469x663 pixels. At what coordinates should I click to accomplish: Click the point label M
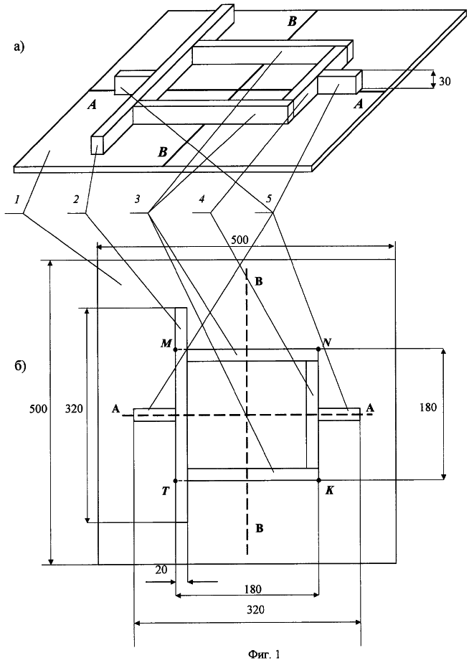coord(166,343)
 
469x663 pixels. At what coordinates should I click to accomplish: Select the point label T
coord(166,492)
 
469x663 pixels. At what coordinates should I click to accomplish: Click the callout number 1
coord(17,199)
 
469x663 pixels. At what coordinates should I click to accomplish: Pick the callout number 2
coord(76,199)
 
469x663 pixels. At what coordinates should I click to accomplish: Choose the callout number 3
coord(136,199)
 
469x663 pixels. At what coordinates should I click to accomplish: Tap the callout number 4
coord(202,199)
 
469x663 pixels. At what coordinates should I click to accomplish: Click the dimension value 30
coord(445,81)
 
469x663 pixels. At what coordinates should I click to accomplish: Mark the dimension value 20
coord(161,570)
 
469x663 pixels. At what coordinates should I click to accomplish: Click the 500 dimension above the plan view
coord(240,240)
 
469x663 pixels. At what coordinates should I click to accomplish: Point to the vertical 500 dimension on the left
coord(38,408)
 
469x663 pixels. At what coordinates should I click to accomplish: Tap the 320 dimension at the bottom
coord(255,609)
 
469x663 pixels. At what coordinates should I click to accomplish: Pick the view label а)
coord(20,47)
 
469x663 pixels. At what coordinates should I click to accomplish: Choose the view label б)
coord(21,366)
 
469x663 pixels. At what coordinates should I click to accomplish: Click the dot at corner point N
coord(318,349)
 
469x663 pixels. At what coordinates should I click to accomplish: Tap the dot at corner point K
coord(318,480)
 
